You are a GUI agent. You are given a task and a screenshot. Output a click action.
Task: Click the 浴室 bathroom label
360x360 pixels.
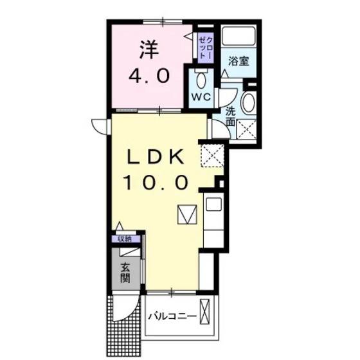click(240, 62)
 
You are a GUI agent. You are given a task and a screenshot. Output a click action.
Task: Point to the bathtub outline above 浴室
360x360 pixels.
click(239, 37)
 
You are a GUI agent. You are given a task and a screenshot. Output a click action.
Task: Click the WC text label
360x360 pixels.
click(201, 98)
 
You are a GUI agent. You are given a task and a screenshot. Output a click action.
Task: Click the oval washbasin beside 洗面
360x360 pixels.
click(248, 104)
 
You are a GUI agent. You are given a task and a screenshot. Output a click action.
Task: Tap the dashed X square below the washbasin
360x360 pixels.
click(248, 129)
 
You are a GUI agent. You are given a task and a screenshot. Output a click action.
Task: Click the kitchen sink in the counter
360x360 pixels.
click(213, 206)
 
